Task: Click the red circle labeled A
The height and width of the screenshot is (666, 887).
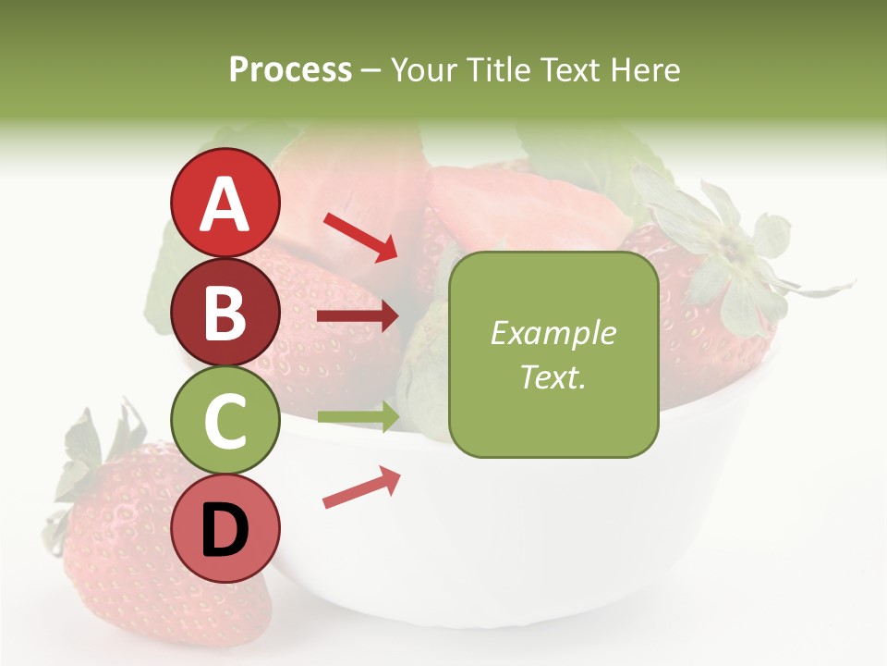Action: click(225, 203)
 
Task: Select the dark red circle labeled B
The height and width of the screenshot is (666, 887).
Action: click(225, 312)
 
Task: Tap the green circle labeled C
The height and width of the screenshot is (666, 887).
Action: click(225, 421)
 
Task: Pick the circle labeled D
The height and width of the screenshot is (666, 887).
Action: click(225, 529)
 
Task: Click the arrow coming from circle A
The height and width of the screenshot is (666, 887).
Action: click(360, 236)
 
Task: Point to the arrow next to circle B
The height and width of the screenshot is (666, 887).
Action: click(358, 316)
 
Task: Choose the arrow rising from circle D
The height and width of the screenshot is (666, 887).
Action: click(361, 487)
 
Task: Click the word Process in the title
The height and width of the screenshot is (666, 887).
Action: click(290, 70)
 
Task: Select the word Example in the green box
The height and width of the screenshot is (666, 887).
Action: click(553, 333)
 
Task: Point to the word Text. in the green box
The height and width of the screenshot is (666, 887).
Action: click(553, 376)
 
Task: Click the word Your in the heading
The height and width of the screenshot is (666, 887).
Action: click(421, 70)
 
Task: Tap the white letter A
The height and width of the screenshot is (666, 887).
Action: click(225, 204)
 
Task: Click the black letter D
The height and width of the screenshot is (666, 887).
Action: click(225, 531)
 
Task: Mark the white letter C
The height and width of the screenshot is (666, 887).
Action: click(225, 422)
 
